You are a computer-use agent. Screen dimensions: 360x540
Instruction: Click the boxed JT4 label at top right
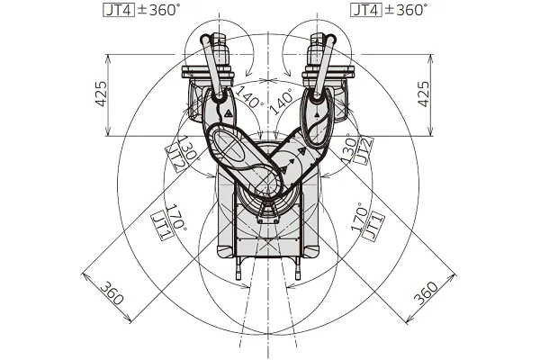pyautogui.click(x=364, y=11)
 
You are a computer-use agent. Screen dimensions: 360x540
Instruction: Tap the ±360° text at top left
pyautogui.click(x=158, y=11)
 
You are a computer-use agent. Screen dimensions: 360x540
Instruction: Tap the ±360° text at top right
pyautogui.click(x=405, y=11)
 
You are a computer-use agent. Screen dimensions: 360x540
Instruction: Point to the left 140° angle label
pyautogui.click(x=249, y=96)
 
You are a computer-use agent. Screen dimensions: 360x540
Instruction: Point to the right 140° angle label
pyautogui.click(x=282, y=96)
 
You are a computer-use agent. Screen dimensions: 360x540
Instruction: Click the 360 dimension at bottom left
pyautogui.click(x=112, y=292)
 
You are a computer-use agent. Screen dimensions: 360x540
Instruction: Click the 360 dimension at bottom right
pyautogui.click(x=426, y=293)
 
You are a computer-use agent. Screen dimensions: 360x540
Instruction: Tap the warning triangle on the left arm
pyautogui.click(x=229, y=113)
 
